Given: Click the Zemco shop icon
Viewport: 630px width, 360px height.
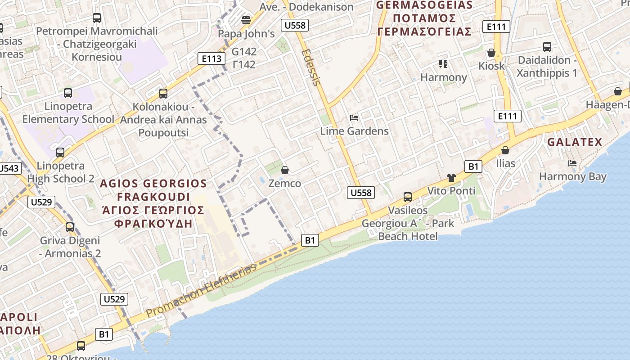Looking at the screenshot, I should click(x=284, y=170).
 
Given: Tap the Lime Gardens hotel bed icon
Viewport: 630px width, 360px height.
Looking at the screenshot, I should click(x=354, y=118).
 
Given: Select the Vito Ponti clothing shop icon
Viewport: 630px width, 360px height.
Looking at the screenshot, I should click(x=451, y=178).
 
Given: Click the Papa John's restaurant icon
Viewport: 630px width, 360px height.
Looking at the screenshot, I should click(x=246, y=20).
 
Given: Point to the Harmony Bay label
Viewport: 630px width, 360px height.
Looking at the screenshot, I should click(x=572, y=176).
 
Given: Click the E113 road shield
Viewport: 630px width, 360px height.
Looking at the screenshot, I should click(x=211, y=58).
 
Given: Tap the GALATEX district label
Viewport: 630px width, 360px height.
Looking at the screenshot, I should click(x=575, y=142).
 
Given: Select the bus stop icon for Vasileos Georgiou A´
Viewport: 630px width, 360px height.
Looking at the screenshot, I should click(x=408, y=197).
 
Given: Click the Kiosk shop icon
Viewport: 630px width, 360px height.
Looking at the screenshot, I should click(x=491, y=53).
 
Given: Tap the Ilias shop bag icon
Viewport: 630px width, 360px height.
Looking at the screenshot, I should click(x=505, y=150).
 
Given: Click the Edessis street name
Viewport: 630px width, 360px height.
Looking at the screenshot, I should click(x=311, y=67).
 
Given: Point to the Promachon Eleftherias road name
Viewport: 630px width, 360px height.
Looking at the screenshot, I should click(x=201, y=291).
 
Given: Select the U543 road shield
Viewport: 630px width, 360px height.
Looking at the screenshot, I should click(x=9, y=169).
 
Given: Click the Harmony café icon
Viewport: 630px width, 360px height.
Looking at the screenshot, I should click(x=443, y=64).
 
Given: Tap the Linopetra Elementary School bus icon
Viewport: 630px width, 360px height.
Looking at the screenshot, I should click(x=68, y=93).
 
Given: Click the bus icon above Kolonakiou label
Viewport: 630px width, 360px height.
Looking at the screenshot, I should click(x=163, y=94).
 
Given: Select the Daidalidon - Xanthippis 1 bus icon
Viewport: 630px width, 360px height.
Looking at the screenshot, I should click(x=547, y=47).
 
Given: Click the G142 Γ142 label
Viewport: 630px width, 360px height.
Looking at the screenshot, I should click(x=244, y=58).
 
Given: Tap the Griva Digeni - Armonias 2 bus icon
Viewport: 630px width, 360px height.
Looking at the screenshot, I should click(x=70, y=227).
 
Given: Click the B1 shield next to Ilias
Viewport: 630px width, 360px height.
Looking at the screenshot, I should click(x=473, y=166).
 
